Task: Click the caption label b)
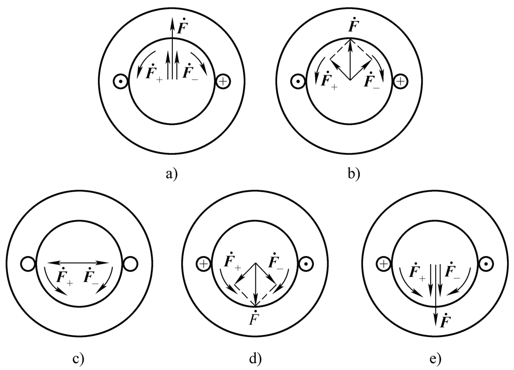pyautogui.click(x=353, y=174)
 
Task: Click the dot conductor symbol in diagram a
pyautogui.click(x=120, y=81)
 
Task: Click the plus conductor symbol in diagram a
pyautogui.click(x=222, y=81)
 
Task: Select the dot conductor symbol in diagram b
pyautogui.click(x=298, y=81)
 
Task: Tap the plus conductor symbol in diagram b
pyautogui.click(x=400, y=81)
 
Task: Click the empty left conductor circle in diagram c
pyautogui.click(x=28, y=263)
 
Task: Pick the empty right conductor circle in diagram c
pyautogui.click(x=130, y=263)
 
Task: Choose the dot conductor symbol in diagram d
pyautogui.click(x=306, y=263)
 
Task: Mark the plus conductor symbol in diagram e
pyautogui.click(x=383, y=263)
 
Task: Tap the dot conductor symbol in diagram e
pyautogui.click(x=486, y=263)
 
